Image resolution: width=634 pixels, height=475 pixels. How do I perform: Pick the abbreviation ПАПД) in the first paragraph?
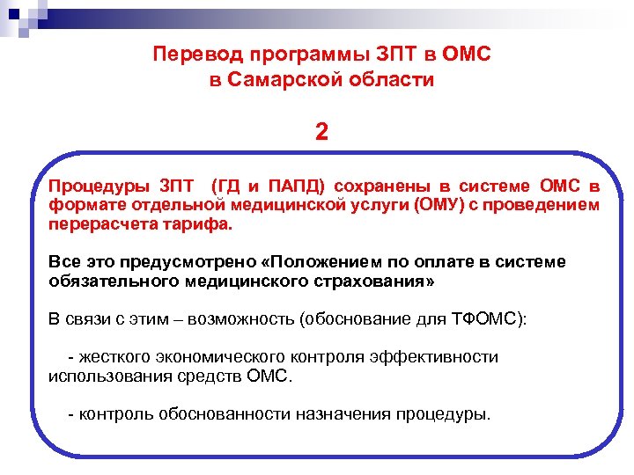pyautogui.click(x=292, y=186)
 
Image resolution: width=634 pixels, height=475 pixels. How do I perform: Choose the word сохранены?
pyautogui.click(x=378, y=186)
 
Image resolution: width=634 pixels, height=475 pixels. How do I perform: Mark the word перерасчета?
pyautogui.click(x=101, y=224)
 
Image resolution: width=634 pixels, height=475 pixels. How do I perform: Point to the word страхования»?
pyautogui.click(x=374, y=281)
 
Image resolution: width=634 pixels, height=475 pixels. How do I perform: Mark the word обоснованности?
pyautogui.click(x=225, y=413)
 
